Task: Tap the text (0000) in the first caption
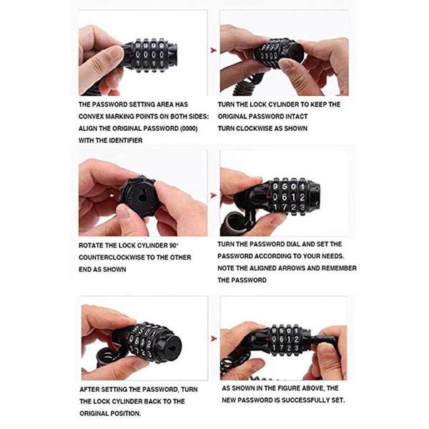pos(189,129)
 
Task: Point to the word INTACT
pos(297,117)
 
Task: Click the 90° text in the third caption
pos(173,245)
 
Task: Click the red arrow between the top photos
pos(213,50)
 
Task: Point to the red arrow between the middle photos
pos(213,195)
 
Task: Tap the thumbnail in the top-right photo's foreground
pos(285,64)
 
